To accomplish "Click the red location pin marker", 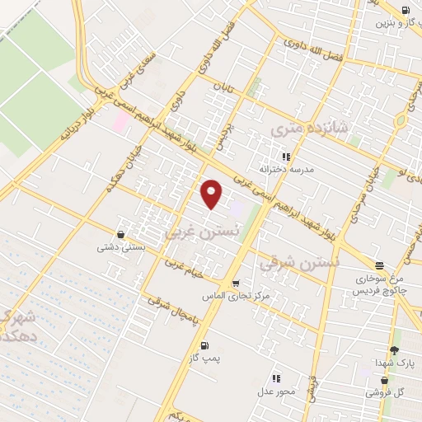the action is point(212,194).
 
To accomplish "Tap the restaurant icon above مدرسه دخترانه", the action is point(287,156).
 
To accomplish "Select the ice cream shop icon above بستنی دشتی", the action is point(121,234).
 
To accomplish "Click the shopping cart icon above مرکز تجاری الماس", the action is point(237,284).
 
